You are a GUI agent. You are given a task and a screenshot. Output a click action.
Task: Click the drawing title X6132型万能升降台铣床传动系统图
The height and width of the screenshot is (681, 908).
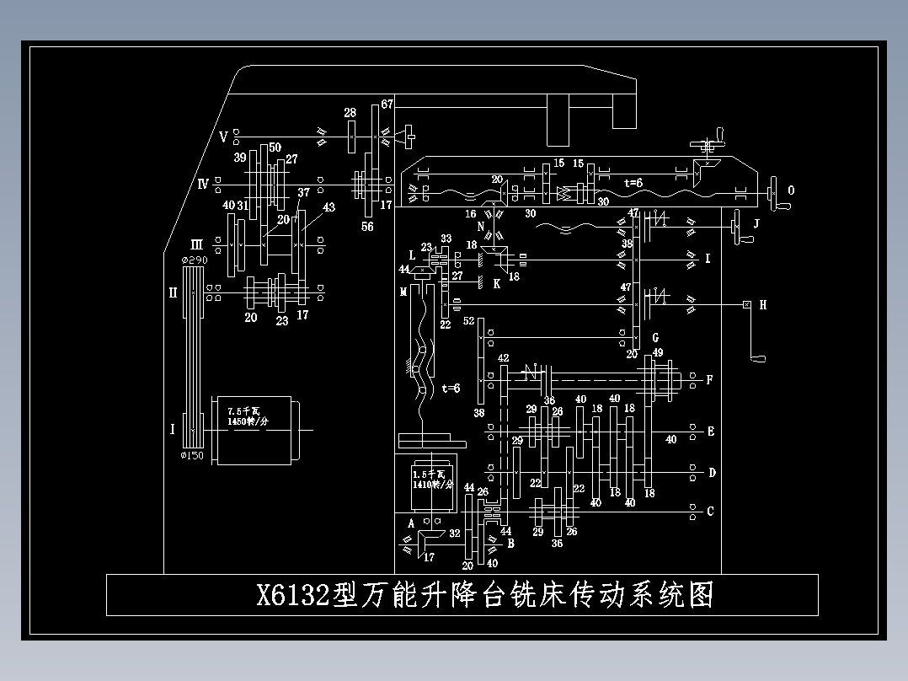pos(484,595)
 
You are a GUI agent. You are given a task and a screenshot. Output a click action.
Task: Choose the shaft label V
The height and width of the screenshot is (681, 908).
pos(223,136)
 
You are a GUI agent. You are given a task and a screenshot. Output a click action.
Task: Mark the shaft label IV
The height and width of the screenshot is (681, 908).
pos(203,183)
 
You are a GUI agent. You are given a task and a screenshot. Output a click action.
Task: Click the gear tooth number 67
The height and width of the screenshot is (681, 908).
pos(387,105)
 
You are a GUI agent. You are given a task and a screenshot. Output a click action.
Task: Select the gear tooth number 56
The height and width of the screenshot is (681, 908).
pos(367,226)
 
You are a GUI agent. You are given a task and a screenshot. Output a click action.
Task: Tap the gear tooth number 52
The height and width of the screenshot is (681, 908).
pos(469,321)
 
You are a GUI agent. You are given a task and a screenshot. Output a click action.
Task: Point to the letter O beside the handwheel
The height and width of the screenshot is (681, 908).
pos(791,190)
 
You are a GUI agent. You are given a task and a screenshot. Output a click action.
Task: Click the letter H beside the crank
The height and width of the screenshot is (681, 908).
pos(763,305)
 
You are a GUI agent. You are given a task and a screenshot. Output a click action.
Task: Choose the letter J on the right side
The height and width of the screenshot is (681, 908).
pos(756,224)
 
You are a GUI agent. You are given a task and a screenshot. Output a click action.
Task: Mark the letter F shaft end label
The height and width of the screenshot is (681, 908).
pos(709,380)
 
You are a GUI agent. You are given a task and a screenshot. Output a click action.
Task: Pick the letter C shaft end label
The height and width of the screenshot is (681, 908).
pos(710,511)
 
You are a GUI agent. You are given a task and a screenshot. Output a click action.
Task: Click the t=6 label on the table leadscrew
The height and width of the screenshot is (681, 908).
pos(633,182)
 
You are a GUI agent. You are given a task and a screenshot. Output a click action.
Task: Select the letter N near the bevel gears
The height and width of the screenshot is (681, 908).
pos(481,226)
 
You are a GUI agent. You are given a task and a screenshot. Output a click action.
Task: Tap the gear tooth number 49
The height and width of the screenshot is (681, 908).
pos(658,352)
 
